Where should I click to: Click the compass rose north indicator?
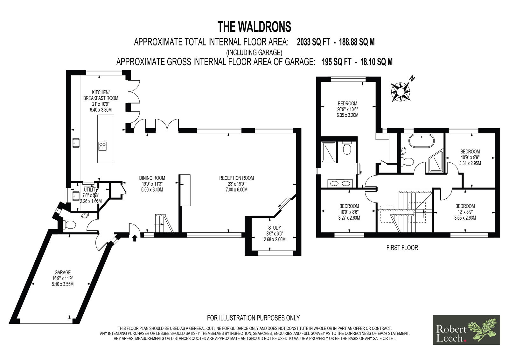pos(401,91)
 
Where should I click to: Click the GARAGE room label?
pos(63,272)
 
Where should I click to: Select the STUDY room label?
pos(275,228)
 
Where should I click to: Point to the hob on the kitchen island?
pos(102,146)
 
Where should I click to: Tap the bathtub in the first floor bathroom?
pos(422,141)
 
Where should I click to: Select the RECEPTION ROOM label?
pos(236,178)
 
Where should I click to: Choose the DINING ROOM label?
pos(152,178)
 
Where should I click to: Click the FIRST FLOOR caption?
pos(402,248)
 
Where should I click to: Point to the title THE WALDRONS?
pos(254,27)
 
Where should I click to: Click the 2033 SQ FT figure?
pos(313,42)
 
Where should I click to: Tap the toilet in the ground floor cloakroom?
pos(70,224)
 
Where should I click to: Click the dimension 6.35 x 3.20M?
pos(347,115)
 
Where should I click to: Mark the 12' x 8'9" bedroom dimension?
pos(465,212)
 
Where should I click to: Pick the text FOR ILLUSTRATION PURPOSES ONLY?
pos(253,318)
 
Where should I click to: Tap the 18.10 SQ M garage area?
pos(376,62)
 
